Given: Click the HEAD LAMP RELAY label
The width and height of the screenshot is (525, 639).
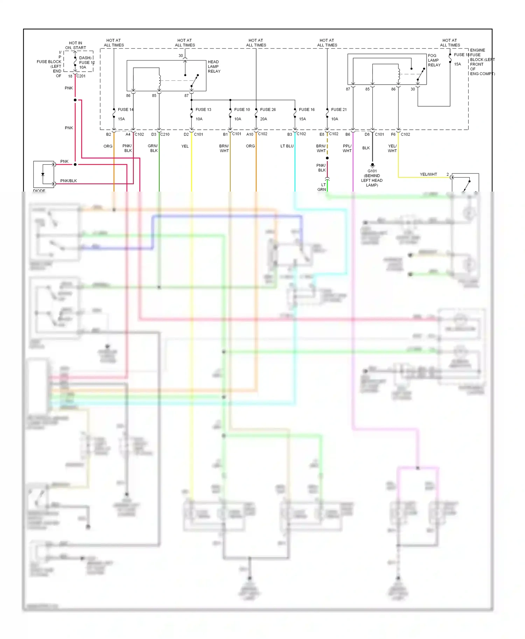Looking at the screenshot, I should pyautogui.click(x=214, y=66).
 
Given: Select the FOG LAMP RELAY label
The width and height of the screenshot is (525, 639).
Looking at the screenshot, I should pyautogui.click(x=434, y=60).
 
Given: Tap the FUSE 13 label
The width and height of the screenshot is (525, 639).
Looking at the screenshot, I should pyautogui.click(x=203, y=109).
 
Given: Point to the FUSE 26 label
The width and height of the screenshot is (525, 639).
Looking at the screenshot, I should pyautogui.click(x=268, y=109).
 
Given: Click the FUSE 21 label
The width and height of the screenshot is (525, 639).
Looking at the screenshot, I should pyautogui.click(x=339, y=109).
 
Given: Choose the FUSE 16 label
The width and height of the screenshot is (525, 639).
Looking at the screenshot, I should pyautogui.click(x=307, y=109).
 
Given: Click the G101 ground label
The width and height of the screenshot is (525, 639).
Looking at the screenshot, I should pyautogui.click(x=372, y=171).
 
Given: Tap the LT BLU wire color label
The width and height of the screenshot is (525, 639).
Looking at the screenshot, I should pyautogui.click(x=287, y=146).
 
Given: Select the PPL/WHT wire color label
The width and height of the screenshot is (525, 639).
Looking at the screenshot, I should pyautogui.click(x=347, y=148).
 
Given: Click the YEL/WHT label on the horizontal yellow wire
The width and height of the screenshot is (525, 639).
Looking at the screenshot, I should pyautogui.click(x=428, y=174).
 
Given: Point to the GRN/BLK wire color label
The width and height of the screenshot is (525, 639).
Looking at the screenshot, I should pyautogui.click(x=153, y=148).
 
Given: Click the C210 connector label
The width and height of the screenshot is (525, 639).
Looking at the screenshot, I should pyautogui.click(x=165, y=134).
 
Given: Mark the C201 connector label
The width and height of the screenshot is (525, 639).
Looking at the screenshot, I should pyautogui.click(x=81, y=76).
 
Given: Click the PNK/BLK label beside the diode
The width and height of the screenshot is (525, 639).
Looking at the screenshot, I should pyautogui.click(x=69, y=181).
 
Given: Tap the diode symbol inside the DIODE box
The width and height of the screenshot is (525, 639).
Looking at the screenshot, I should pyautogui.click(x=43, y=174).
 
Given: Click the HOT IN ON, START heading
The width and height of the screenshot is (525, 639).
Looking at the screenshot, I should pyautogui.click(x=76, y=45).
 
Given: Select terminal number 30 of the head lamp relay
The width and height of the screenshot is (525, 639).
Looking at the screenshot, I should pyautogui.click(x=181, y=56).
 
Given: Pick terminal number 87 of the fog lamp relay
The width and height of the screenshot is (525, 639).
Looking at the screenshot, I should pyautogui.click(x=348, y=89).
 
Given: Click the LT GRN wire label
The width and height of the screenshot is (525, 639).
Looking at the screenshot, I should pyautogui.click(x=322, y=187).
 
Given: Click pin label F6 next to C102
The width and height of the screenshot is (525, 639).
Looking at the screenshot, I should pyautogui.click(x=393, y=134).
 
